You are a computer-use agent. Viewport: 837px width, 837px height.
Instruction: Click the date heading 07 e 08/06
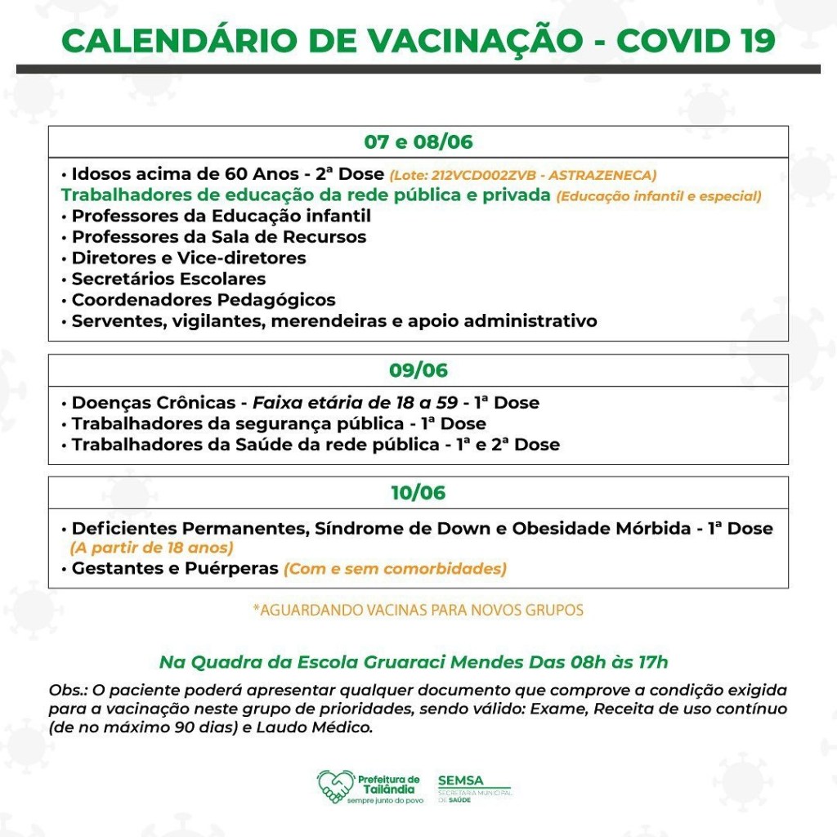tap(418, 141)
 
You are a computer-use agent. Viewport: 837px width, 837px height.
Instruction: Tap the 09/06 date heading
tap(418, 370)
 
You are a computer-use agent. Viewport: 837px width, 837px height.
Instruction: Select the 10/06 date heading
tap(418, 493)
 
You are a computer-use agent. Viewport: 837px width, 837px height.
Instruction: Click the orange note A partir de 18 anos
tap(152, 548)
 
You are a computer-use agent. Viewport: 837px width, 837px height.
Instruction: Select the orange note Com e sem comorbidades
tap(395, 569)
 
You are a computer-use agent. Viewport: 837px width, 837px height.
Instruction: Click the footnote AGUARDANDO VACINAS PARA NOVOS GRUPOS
tap(418, 610)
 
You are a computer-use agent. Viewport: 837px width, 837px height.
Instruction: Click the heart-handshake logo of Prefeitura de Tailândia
tap(335, 786)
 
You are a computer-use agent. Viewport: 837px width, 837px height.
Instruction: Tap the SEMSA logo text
tap(460, 781)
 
